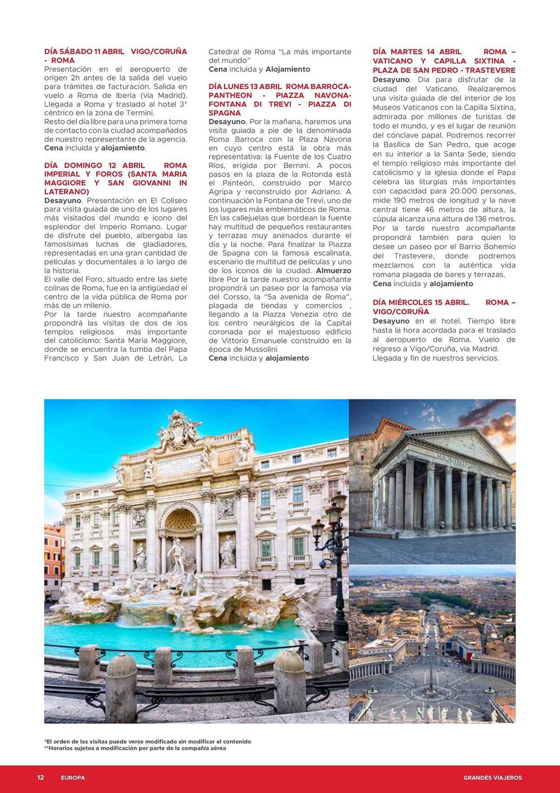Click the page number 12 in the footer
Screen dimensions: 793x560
40,778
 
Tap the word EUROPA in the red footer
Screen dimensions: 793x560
73,778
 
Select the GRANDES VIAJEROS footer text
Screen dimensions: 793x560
492,778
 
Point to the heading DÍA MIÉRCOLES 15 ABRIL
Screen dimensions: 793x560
421,302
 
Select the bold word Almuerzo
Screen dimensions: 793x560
333,271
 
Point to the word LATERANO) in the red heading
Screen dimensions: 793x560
67,192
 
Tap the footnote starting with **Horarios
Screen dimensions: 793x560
135,748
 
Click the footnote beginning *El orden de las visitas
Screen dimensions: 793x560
148,741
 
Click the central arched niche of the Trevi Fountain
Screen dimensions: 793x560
181,527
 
